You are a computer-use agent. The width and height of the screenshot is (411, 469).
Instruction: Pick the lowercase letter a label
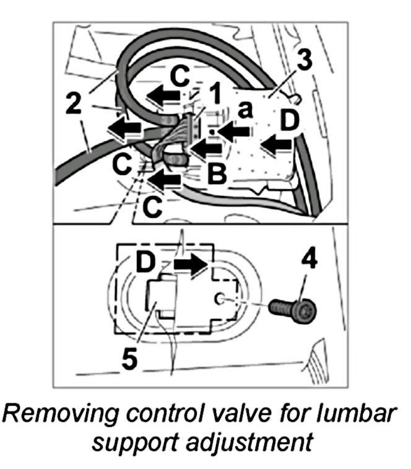click(245, 112)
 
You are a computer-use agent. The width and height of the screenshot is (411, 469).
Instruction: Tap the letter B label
click(216, 173)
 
